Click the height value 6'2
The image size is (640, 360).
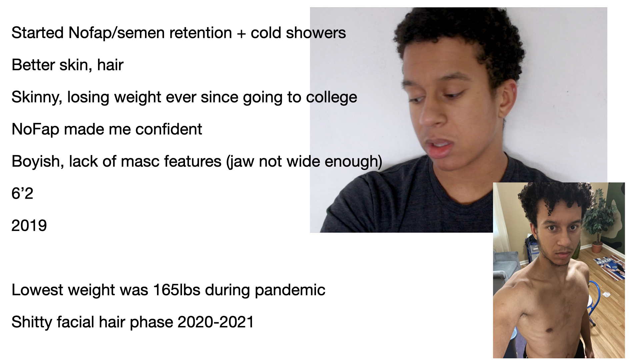[22, 193]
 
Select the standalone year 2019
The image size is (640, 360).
[29, 226]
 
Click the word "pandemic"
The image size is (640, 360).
[290, 290]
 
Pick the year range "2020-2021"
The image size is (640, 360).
[216, 322]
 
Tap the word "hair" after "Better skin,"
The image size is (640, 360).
[110, 65]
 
